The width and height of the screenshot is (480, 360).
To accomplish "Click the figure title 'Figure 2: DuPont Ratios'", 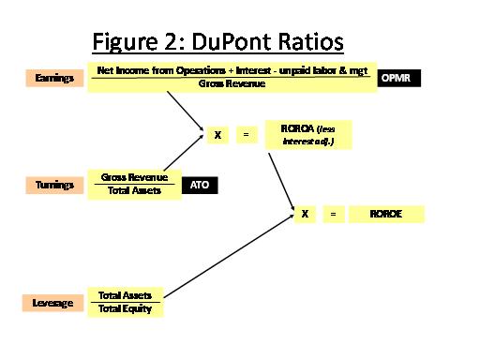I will pos(217,43).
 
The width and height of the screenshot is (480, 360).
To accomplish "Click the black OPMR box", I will pos(400,80).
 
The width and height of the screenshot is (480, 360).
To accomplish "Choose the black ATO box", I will pos(199,186).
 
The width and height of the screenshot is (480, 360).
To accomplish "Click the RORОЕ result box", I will pos(386,215).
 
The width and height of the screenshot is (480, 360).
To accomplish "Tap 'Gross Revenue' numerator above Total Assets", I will pos(134,177).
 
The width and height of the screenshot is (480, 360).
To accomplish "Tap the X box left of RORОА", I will pos(217,135).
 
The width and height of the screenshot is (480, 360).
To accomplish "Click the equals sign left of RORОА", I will pos(246,135).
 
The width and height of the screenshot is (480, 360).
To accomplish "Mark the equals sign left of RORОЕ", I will pos(332,215).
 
